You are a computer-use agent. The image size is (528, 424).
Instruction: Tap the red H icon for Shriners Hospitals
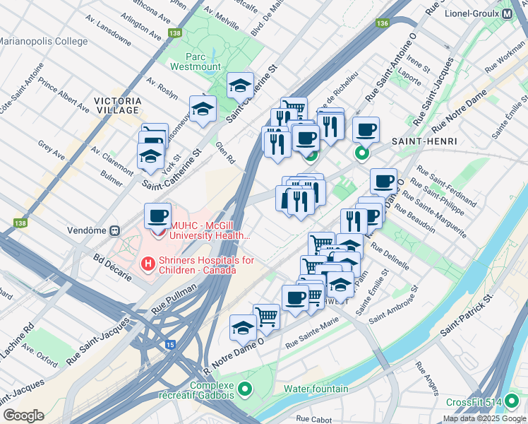148,264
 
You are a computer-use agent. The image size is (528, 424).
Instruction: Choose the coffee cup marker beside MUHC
158,216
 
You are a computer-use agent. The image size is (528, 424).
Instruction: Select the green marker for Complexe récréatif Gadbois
245,389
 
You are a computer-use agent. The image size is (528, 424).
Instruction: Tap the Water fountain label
316,389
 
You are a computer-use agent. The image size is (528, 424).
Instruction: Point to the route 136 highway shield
383,23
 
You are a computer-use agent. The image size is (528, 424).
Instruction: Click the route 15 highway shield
170,344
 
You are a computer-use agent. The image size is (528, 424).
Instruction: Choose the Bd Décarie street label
112,266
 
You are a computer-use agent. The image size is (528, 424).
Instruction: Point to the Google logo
24,416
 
